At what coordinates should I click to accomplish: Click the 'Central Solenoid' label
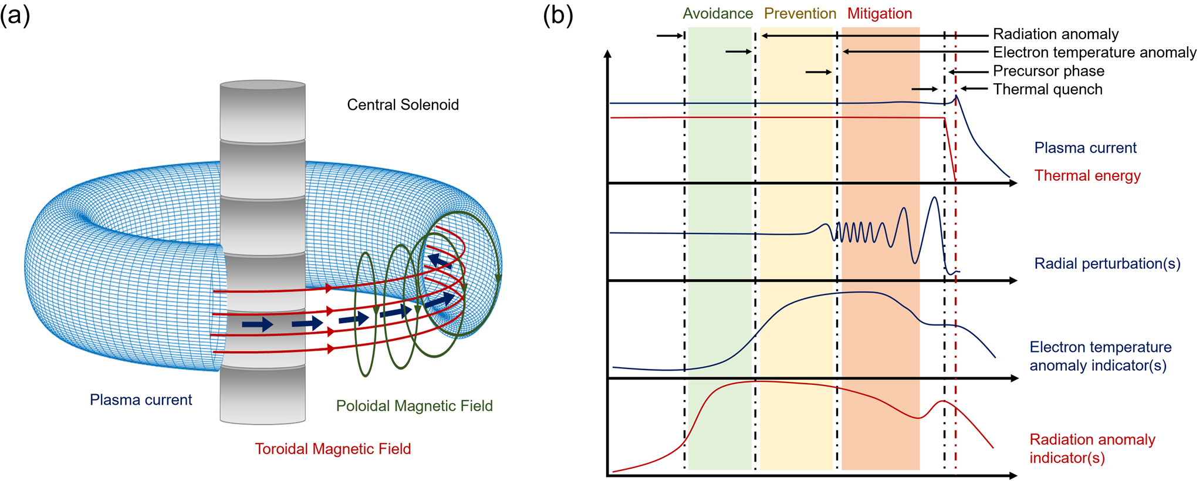[x=403, y=105]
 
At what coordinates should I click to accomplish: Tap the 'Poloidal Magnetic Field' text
[x=414, y=406]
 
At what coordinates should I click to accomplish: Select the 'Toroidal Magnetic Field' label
[x=333, y=449]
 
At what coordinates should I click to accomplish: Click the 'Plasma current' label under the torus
[x=141, y=400]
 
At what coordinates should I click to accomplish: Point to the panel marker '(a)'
[x=15, y=15]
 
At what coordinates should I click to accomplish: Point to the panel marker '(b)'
[x=557, y=15]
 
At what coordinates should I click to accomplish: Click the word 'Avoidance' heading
[x=718, y=13]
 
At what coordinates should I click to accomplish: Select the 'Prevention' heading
[x=800, y=13]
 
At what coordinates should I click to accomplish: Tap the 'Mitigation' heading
[x=880, y=13]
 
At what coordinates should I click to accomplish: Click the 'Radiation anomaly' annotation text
[x=1056, y=34]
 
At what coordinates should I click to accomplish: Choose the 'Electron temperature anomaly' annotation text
[x=1094, y=53]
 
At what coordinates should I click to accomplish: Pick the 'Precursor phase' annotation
[x=1049, y=71]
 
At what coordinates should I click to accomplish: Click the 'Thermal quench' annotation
[x=1047, y=90]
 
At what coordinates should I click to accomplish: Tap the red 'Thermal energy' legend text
[x=1087, y=175]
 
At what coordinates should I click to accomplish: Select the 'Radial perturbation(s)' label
[x=1107, y=263]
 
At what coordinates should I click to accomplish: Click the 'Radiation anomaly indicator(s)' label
[x=1092, y=448]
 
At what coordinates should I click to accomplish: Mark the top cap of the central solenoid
[x=262, y=85]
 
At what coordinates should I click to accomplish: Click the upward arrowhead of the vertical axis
[x=608, y=54]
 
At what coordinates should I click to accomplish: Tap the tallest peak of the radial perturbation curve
[x=935, y=198]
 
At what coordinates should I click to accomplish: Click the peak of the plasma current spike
[x=957, y=96]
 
